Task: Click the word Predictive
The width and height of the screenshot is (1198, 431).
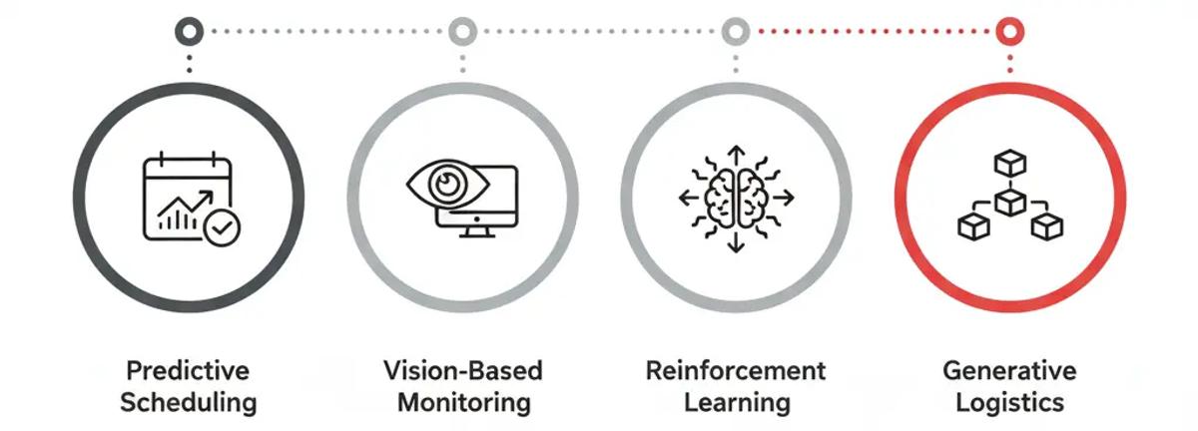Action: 187,372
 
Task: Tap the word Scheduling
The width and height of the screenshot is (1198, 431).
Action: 187,403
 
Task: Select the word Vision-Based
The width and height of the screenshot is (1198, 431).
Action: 462,372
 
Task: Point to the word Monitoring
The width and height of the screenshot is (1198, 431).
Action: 462,403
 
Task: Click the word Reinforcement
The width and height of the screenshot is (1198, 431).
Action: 736,372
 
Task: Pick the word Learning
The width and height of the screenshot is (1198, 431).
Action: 736,403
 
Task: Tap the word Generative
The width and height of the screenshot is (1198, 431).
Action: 1009,372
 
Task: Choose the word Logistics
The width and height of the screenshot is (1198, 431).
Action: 1009,403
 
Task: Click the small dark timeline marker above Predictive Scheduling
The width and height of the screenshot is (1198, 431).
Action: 188,31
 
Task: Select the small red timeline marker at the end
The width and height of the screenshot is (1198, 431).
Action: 1009,31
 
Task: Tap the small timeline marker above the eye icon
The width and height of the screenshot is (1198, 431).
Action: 461,31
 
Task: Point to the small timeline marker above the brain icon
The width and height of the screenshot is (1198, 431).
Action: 736,31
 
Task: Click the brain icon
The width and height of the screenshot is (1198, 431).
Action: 736,198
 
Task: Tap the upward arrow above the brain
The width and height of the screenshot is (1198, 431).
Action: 736,154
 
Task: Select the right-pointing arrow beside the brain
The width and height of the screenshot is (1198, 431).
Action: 785,198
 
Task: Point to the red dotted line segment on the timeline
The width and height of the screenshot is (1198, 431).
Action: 873,31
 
